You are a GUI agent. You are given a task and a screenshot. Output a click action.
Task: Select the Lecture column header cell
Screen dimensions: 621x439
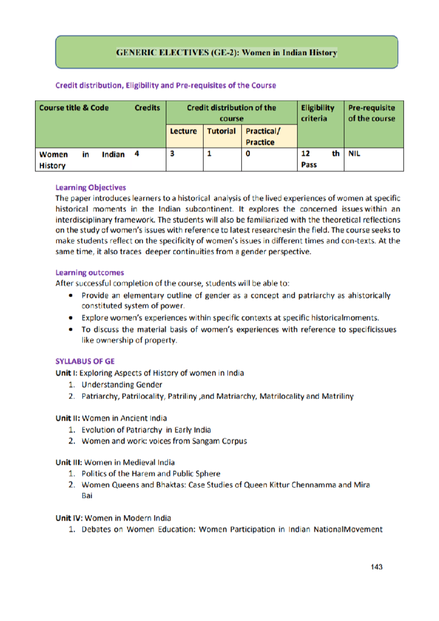184,131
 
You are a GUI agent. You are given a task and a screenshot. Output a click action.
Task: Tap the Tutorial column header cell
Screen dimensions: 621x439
222,131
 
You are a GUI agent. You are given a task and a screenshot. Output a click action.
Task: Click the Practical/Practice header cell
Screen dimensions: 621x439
263,136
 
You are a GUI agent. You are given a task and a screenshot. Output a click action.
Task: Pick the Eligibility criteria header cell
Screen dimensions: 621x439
318,113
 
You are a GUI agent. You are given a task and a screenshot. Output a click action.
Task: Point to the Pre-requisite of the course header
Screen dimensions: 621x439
372,113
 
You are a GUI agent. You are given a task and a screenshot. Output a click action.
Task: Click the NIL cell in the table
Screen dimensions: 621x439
354,154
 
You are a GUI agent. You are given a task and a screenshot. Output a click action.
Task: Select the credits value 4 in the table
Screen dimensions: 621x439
137,154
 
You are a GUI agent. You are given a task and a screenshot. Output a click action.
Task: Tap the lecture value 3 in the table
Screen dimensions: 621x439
172,154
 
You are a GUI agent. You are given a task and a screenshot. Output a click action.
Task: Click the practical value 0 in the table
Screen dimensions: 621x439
248,154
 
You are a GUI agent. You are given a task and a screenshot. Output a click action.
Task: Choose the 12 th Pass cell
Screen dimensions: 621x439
320,159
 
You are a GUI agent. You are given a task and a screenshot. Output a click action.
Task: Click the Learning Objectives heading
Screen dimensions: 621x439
91,188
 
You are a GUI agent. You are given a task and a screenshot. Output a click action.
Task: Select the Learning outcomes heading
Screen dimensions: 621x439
90,273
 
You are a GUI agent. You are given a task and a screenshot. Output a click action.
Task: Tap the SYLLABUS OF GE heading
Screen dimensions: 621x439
85,362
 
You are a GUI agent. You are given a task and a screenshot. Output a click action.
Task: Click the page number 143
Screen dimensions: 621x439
376,567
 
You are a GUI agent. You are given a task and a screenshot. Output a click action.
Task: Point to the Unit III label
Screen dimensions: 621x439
69,463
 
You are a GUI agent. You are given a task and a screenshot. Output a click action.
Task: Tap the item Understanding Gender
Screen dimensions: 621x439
122,385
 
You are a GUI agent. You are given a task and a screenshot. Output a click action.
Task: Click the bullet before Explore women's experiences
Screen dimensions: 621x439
71,318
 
